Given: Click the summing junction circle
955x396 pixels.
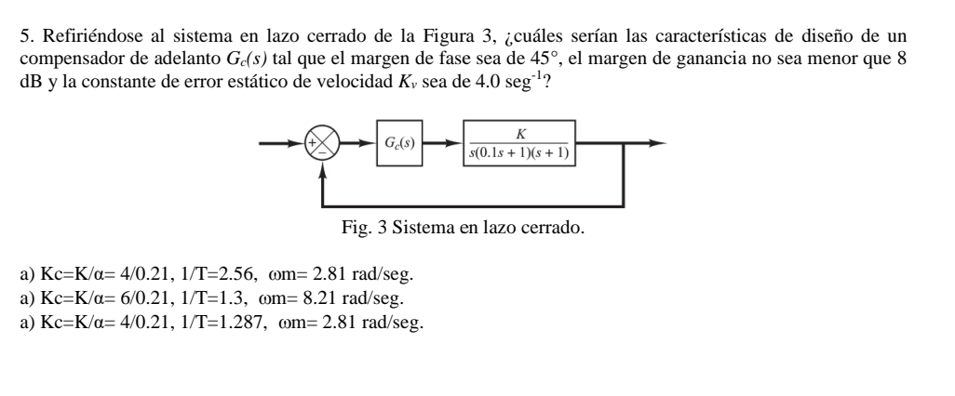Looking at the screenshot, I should pos(321,144).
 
